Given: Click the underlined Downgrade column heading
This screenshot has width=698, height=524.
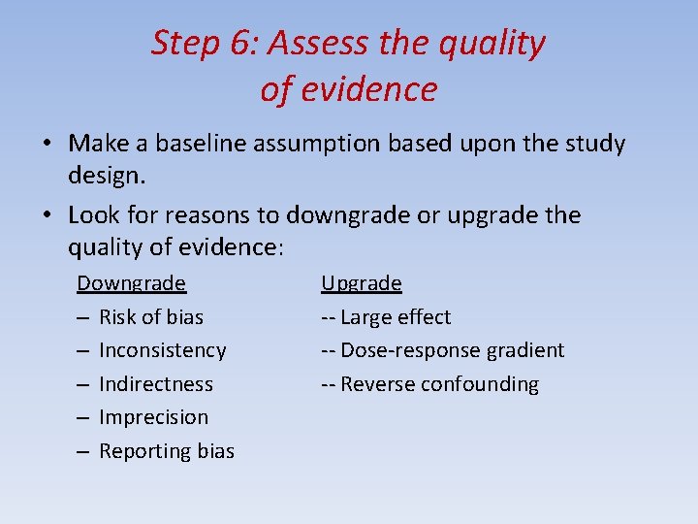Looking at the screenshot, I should coord(131,283).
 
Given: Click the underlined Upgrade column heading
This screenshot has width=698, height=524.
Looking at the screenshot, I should coord(361,283).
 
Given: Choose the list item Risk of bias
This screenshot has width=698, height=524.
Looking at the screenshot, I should coord(151,316).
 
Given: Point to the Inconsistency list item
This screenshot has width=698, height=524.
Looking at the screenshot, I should coord(162,350).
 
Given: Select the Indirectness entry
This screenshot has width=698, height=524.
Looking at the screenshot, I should coord(155,384).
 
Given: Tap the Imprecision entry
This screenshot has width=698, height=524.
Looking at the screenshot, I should coord(153,417).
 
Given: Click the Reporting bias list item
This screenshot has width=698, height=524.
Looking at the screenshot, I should coord(167,451).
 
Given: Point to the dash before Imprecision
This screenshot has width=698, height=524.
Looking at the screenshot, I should coord(83,417).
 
